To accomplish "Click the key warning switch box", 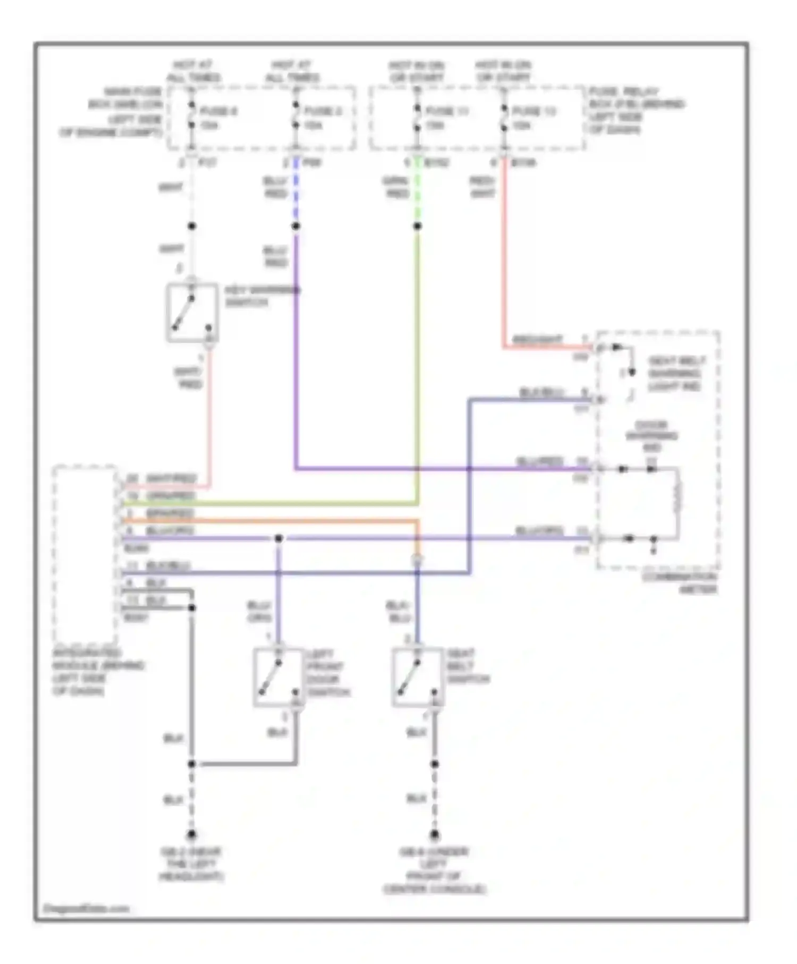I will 192,312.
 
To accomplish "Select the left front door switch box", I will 278,677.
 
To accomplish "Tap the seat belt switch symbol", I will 417,677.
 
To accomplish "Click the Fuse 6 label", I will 218,111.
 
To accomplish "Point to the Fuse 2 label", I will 323,111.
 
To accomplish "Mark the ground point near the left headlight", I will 192,834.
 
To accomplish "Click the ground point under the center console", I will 434,834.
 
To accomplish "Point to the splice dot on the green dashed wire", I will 417,226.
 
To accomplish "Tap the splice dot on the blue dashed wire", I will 295,226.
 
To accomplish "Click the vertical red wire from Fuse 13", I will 504,255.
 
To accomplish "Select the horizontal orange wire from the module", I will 266,521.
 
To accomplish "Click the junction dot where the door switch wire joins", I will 278,538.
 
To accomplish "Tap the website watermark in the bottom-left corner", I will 86,908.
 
